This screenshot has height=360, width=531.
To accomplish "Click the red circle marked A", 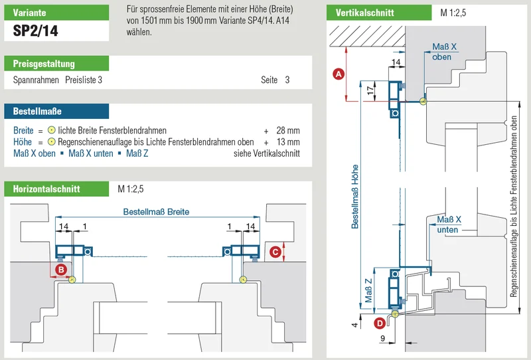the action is click(x=339, y=74).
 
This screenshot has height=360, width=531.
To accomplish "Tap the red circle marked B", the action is click(x=61, y=270).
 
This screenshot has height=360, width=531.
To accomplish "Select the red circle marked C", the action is click(x=275, y=252).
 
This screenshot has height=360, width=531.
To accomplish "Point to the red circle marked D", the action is click(x=380, y=323).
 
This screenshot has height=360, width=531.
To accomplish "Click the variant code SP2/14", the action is click(x=36, y=31).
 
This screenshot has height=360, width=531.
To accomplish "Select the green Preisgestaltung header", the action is click(x=56, y=63).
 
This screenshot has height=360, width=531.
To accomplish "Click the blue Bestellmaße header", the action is click(x=56, y=111).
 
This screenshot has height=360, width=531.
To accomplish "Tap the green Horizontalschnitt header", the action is click(x=56, y=189).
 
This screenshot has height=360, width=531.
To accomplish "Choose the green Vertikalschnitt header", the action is click(x=379, y=13).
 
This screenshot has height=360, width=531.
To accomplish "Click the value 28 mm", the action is click(x=288, y=130).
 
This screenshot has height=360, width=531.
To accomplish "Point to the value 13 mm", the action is click(x=288, y=142).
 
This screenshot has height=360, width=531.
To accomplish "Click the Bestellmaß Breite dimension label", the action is click(x=156, y=212).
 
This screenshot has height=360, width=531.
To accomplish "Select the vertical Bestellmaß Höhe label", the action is click(x=354, y=197).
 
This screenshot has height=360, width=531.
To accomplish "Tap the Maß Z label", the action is click(x=368, y=290).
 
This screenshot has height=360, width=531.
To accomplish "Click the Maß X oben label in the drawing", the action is click(x=444, y=52).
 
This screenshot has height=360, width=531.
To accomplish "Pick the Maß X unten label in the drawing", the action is click(x=449, y=225).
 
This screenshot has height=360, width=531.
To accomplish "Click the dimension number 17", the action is click(x=370, y=90).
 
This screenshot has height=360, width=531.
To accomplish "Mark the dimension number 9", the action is click(x=383, y=338).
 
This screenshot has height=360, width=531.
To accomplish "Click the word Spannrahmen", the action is click(x=36, y=80).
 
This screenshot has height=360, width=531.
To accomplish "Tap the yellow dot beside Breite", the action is click(x=52, y=130).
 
